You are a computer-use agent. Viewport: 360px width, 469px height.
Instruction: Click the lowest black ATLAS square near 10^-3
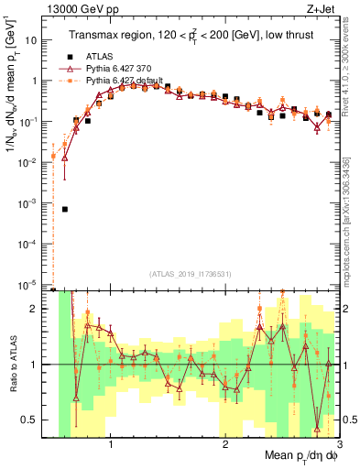[64, 209]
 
